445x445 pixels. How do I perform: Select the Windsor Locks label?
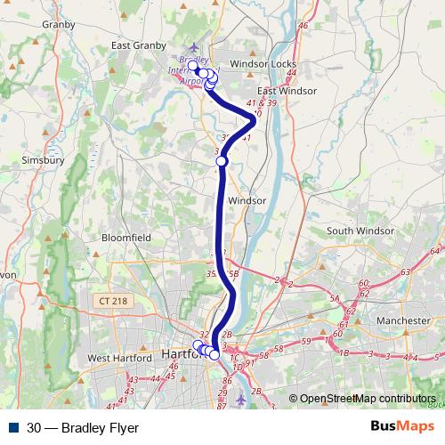(x=263, y=65)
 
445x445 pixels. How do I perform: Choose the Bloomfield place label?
(x=126, y=239)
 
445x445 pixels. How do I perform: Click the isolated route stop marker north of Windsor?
(x=222, y=161)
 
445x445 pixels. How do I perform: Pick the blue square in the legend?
(x=14, y=428)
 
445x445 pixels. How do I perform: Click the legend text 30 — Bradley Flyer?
(x=83, y=428)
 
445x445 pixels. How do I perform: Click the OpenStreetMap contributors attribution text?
(x=367, y=399)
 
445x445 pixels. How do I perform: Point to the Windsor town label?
(x=247, y=200)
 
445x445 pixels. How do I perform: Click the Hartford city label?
(x=183, y=354)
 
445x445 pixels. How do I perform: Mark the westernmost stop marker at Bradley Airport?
(x=193, y=66)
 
